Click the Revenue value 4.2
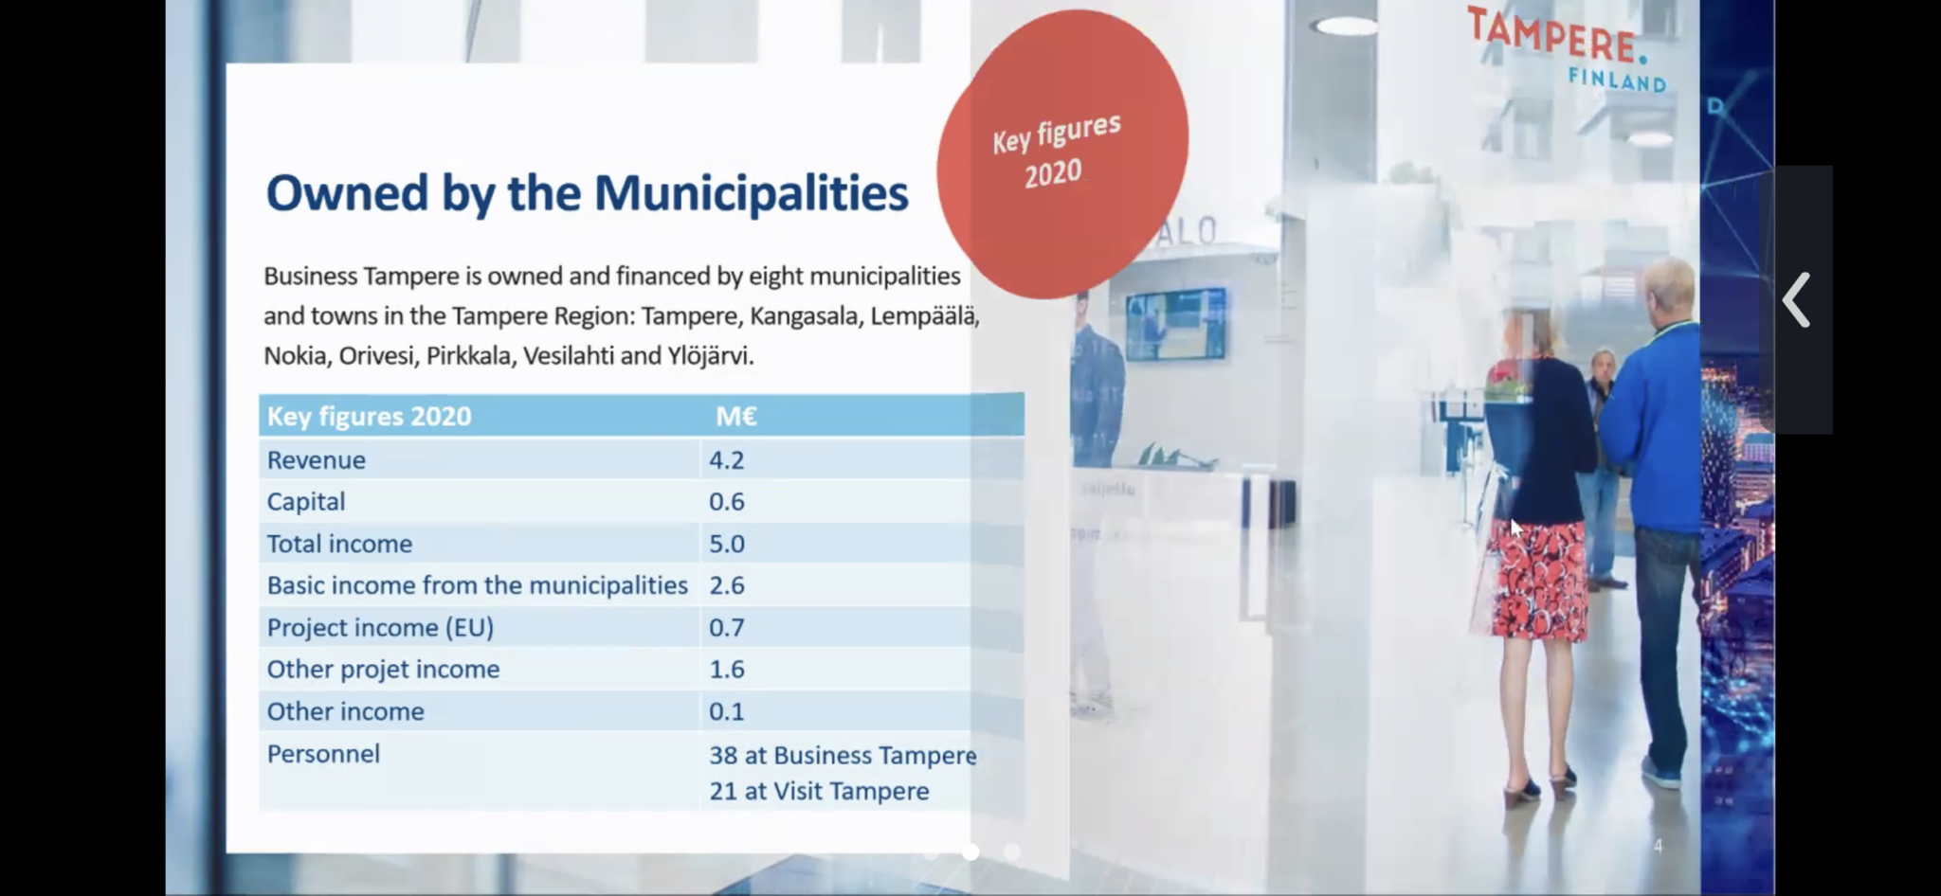pyautogui.click(x=726, y=460)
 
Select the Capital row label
pyautogui.click(x=305, y=502)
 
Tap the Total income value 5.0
pyautogui.click(x=726, y=544)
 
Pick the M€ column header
pyautogui.click(x=735, y=417)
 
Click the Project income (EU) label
pyautogui.click(x=380, y=628)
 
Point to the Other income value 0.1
pyautogui.click(x=726, y=711)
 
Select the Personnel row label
pyautogui.click(x=323, y=754)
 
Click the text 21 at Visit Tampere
pyautogui.click(x=819, y=791)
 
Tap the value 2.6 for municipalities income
pyautogui.click(x=726, y=585)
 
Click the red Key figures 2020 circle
pyautogui.click(x=1062, y=153)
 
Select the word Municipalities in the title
pyautogui.click(x=751, y=193)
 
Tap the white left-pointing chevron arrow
pyautogui.click(x=1796, y=300)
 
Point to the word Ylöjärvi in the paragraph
pyautogui.click(x=710, y=356)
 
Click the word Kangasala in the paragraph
pyautogui.click(x=805, y=316)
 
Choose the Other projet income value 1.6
pyautogui.click(x=726, y=670)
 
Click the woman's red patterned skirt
pyautogui.click(x=1537, y=578)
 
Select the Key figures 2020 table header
pyautogui.click(x=369, y=417)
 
